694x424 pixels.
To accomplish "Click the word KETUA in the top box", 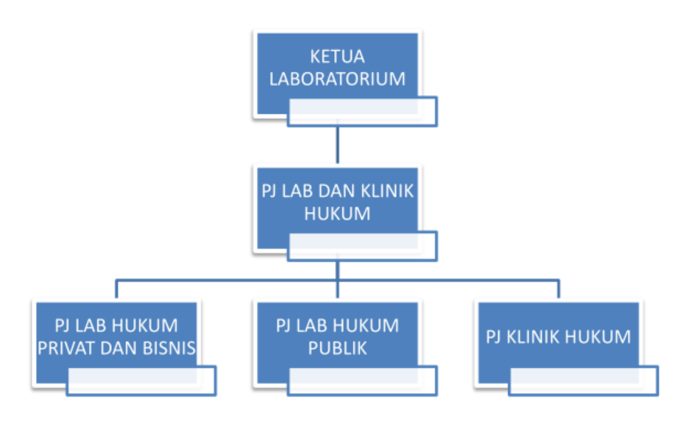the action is coord(337,57).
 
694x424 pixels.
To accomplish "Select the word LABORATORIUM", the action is coord(337,79).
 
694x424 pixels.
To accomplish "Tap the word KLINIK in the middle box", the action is coord(387,191).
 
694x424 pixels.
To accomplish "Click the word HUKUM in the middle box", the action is coord(337,214).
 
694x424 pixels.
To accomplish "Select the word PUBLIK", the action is coord(337,348).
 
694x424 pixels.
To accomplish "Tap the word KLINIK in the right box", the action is coord(533,337).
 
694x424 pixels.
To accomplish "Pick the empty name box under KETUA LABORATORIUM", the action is coord(362,112).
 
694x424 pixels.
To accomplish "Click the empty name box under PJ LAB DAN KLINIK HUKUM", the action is coord(362,246).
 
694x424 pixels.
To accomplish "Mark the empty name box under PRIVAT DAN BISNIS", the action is coord(141,381).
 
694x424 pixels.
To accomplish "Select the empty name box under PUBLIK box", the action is coord(362,381).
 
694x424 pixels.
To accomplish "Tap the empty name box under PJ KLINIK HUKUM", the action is coord(584,381).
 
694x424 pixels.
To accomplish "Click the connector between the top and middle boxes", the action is coord(338,145).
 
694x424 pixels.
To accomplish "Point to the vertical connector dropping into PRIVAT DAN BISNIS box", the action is coord(116,289).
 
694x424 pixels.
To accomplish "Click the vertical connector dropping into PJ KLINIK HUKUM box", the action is coord(559,289).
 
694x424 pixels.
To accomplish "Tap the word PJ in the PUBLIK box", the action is coord(283,326).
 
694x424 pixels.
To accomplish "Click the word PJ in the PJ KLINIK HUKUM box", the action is coord(494,337).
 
